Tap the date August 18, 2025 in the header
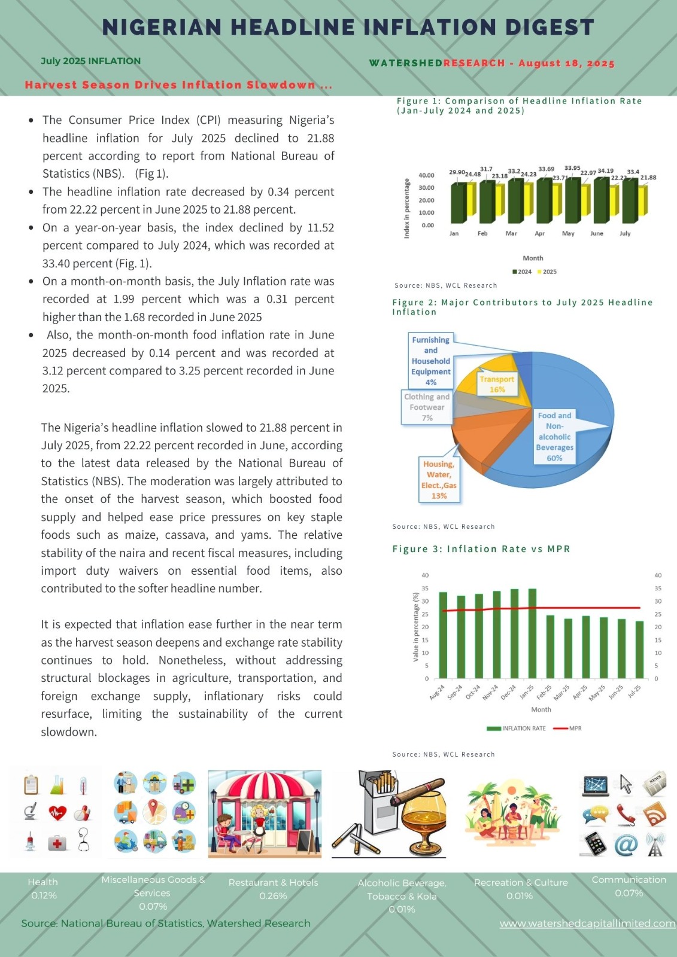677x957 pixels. [566, 63]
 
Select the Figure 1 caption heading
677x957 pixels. [519, 105]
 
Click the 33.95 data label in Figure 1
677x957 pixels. [572, 168]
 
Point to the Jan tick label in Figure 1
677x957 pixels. [454, 233]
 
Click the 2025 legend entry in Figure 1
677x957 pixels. [547, 272]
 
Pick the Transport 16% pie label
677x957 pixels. [497, 384]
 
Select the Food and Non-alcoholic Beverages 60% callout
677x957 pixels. [554, 437]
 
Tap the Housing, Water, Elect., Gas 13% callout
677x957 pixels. [439, 480]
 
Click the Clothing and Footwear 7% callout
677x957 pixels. [427, 407]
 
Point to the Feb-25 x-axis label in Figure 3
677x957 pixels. [544, 693]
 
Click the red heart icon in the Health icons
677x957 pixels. [57, 812]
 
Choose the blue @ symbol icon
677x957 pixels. [626, 845]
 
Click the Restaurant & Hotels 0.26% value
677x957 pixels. [273, 896]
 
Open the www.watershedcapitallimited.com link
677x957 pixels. [587, 924]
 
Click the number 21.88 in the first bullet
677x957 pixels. [320, 138]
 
